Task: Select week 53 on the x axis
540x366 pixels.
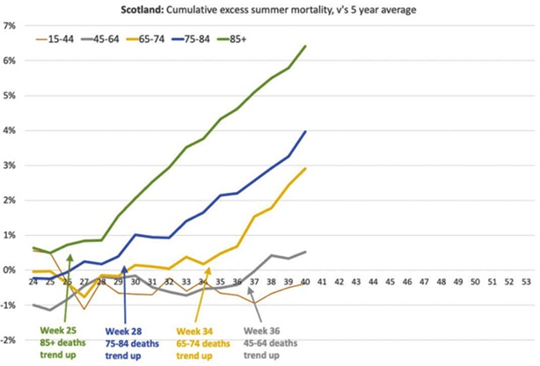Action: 526,282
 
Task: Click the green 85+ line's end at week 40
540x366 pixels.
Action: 305,47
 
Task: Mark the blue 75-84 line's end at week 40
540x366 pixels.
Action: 305,132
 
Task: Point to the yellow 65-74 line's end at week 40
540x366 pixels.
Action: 305,169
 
